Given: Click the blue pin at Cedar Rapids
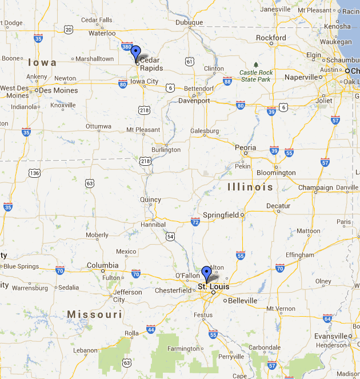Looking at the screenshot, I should pyautogui.click(x=135, y=53).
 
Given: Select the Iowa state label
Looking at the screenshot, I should pyautogui.click(x=41, y=62).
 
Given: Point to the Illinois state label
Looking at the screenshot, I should pyautogui.click(x=250, y=187).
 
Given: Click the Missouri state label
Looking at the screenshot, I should pyautogui.click(x=94, y=314).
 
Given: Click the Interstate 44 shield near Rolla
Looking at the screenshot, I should pyautogui.click(x=151, y=329).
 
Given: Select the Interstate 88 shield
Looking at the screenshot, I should pyautogui.click(x=227, y=81).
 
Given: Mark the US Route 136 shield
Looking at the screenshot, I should pyautogui.click(x=35, y=173).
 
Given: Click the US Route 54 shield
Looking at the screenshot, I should pyautogui.click(x=170, y=236).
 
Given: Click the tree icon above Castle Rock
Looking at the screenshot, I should pyautogui.click(x=255, y=64).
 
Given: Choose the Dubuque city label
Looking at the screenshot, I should pyautogui.click(x=190, y=23).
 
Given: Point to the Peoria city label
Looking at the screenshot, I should pyautogui.click(x=246, y=147).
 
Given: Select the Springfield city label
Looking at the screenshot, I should pyautogui.click(x=221, y=215).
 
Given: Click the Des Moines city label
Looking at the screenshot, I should pyautogui.click(x=58, y=90).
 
